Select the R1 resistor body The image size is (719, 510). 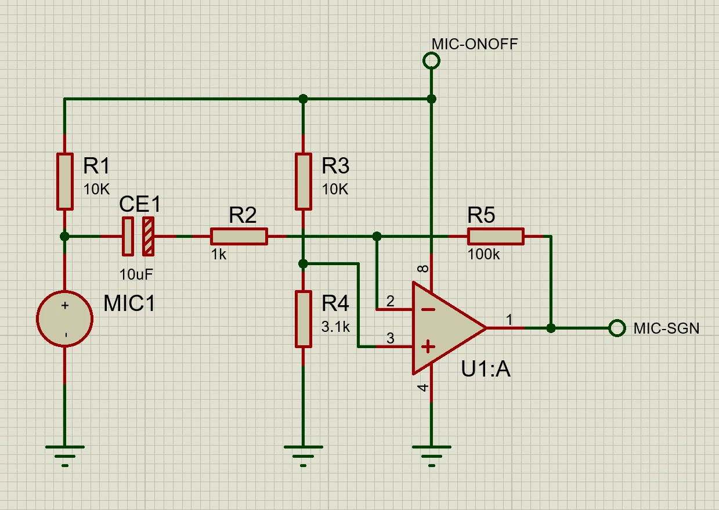(x=65, y=182)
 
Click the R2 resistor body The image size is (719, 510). (x=239, y=237)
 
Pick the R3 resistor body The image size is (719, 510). (x=304, y=182)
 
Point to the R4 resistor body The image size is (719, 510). (x=304, y=319)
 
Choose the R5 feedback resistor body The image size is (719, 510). (x=496, y=237)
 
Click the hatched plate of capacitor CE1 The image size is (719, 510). (x=149, y=237)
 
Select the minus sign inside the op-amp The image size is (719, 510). (x=428, y=309)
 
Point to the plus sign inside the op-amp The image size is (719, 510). (x=428, y=346)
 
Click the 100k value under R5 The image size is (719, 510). (x=484, y=255)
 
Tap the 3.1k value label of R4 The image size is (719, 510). (x=335, y=327)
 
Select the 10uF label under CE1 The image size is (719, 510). (x=136, y=274)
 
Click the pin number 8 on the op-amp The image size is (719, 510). (x=424, y=268)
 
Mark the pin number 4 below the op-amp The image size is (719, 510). (x=424, y=388)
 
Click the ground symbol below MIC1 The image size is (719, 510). (x=65, y=456)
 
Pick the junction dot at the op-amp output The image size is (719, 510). (x=551, y=328)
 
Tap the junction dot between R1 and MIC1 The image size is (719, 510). (x=65, y=237)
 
